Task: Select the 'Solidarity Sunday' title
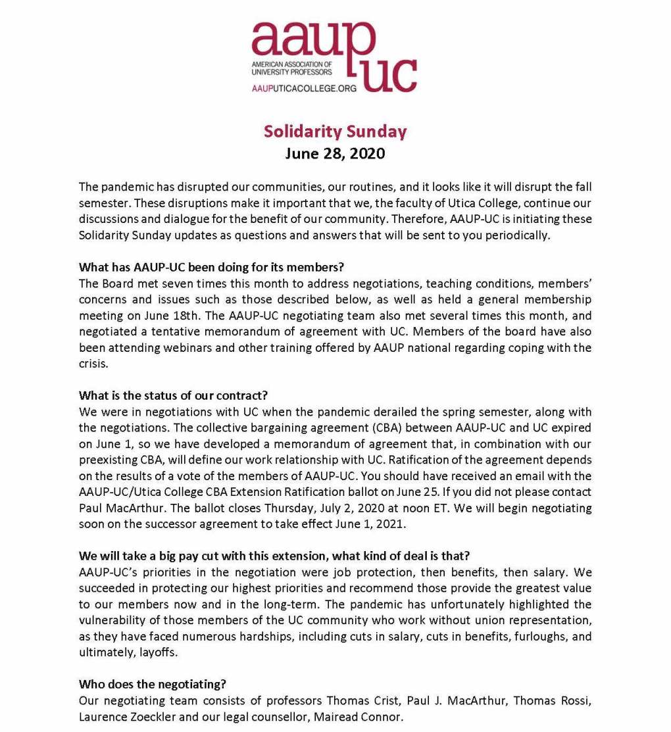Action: coord(335,132)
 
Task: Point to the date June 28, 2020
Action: coord(335,154)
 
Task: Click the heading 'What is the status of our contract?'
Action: coord(174,395)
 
